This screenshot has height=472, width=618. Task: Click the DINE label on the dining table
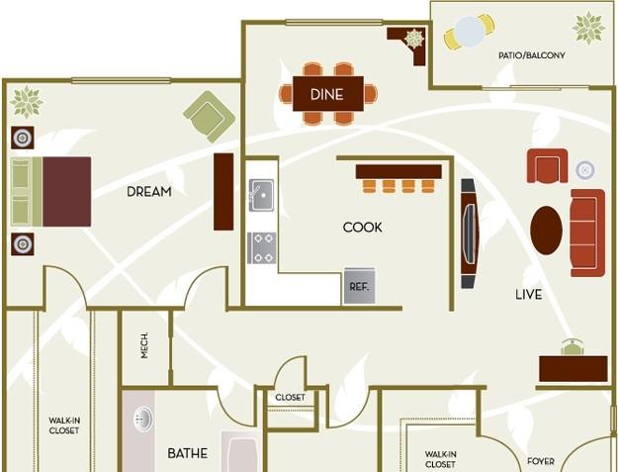[326, 94]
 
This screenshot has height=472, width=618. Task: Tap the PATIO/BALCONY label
[532, 55]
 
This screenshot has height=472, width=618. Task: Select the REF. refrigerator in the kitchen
[359, 286]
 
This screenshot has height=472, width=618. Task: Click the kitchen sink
[262, 195]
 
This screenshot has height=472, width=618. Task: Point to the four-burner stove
[262, 248]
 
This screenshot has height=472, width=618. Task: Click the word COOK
[362, 228]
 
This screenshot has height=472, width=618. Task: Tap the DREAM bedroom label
[149, 192]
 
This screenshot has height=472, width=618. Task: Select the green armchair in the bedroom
[210, 117]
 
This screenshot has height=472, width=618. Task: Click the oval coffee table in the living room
[546, 231]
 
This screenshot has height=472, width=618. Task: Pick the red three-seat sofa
[587, 233]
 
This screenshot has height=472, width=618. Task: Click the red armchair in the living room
[547, 166]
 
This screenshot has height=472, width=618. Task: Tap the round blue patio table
[469, 32]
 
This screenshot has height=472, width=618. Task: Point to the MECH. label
[144, 345]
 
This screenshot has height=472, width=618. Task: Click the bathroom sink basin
[143, 419]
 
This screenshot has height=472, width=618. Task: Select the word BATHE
[188, 453]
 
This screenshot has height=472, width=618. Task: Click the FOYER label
[541, 461]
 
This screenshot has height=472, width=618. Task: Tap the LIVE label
[529, 295]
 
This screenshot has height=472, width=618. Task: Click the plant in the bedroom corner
[27, 102]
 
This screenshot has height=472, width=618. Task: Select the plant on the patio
[588, 28]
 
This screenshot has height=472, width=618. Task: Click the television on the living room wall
[469, 234]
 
